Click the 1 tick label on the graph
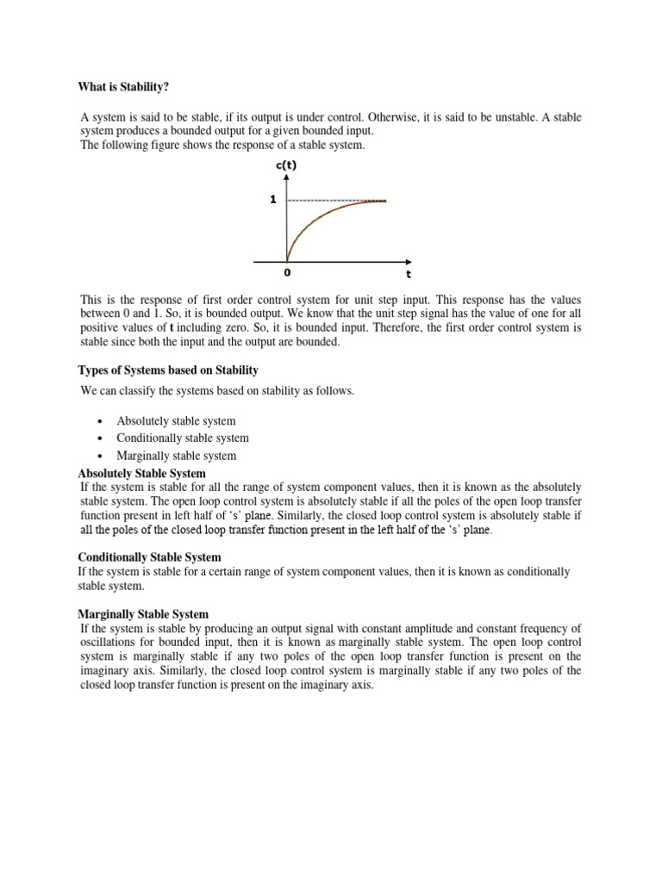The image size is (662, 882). [273, 200]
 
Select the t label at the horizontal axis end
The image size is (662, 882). [409, 276]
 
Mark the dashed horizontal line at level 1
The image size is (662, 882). [336, 201]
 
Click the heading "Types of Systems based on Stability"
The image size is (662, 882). [168, 370]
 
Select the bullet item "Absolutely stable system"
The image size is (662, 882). [176, 421]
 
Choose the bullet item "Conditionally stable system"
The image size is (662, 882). [183, 438]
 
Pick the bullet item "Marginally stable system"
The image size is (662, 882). [176, 456]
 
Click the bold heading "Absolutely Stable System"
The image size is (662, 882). [142, 474]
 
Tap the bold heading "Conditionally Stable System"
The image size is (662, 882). [150, 557]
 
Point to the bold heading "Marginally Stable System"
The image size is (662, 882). [143, 614]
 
